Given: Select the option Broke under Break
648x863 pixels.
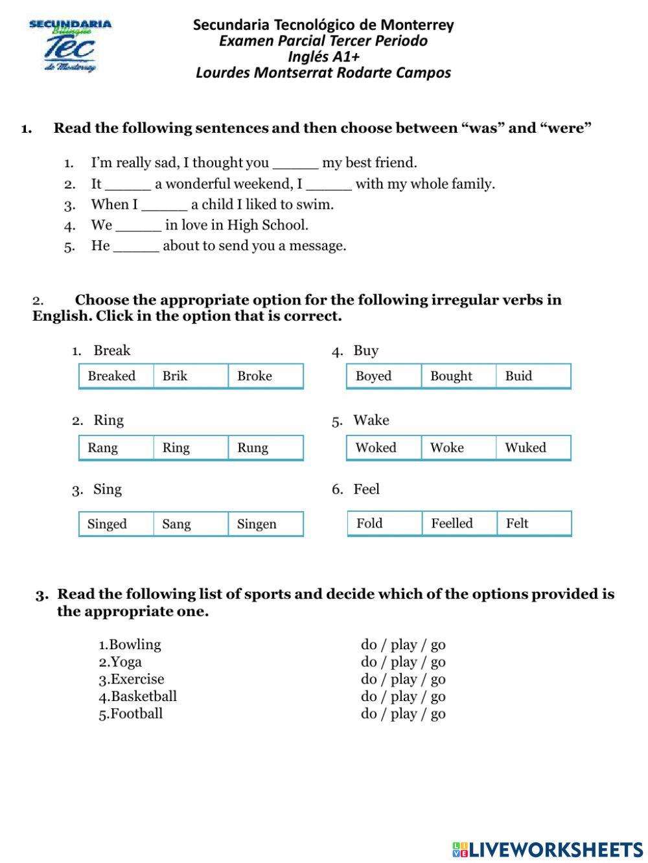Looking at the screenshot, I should [x=265, y=376].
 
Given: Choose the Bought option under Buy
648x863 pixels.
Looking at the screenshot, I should [x=458, y=376].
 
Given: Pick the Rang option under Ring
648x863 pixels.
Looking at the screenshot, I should [x=116, y=448].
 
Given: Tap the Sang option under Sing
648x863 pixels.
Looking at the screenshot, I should [x=191, y=524].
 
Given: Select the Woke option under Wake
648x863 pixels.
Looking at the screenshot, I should [x=458, y=448].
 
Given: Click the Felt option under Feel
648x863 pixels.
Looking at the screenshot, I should [x=533, y=524].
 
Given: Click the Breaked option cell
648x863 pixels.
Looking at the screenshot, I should [x=116, y=376].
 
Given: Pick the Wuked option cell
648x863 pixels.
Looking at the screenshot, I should [x=533, y=448].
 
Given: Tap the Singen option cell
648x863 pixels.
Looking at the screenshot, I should [x=265, y=524].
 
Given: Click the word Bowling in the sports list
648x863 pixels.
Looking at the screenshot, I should [x=135, y=645].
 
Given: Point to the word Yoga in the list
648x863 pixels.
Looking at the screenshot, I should [x=126, y=662].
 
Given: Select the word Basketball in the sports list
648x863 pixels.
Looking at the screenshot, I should [x=143, y=696].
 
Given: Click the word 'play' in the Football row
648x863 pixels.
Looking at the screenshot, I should [x=404, y=714].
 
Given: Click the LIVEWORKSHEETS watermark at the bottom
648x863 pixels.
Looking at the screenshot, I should [x=548, y=849].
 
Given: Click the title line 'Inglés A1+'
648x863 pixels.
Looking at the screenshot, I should [x=323, y=57].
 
